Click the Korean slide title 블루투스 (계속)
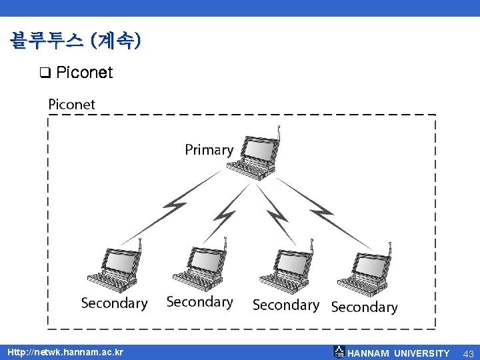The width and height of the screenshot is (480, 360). click(75, 41)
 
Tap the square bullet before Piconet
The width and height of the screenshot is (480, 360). click(45, 73)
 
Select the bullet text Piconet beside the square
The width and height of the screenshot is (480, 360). click(85, 73)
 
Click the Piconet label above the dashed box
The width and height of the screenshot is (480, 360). click(72, 104)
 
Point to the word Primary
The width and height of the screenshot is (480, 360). click(209, 150)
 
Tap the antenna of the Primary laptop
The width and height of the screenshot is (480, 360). click(278, 133)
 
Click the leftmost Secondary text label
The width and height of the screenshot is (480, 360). click(114, 303)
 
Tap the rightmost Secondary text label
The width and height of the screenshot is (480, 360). click(364, 307)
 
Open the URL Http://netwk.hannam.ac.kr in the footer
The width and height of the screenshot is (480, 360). click(65, 352)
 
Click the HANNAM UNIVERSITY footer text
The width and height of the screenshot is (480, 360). click(399, 353)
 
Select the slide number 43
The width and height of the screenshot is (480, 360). click(468, 353)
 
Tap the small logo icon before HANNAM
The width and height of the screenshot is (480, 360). click(339, 352)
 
